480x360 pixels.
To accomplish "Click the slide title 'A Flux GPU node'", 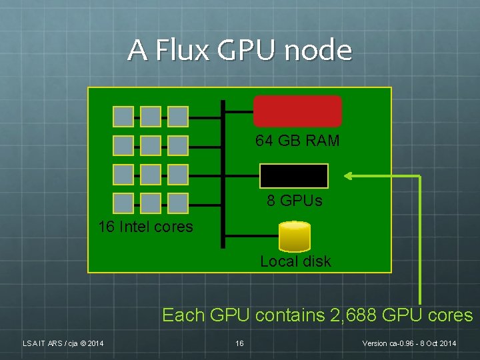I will (239, 50).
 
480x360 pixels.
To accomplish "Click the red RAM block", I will (297, 111).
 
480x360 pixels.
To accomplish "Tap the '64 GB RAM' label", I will (297, 141).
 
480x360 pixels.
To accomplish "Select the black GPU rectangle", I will (294, 176).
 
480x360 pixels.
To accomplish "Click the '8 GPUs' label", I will (295, 201).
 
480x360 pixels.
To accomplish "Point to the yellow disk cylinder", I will (295, 235).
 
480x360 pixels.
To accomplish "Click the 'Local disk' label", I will (295, 261).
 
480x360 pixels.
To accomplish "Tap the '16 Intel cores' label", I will (145, 227).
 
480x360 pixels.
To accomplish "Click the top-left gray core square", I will (123, 117).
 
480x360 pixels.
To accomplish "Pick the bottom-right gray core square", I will (178, 203).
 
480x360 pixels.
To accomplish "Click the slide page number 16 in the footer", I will (239, 343).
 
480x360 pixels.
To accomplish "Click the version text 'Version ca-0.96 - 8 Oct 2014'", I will (409, 343).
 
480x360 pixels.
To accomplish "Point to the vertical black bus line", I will (223, 174).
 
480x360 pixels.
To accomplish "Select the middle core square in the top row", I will (151, 117).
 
